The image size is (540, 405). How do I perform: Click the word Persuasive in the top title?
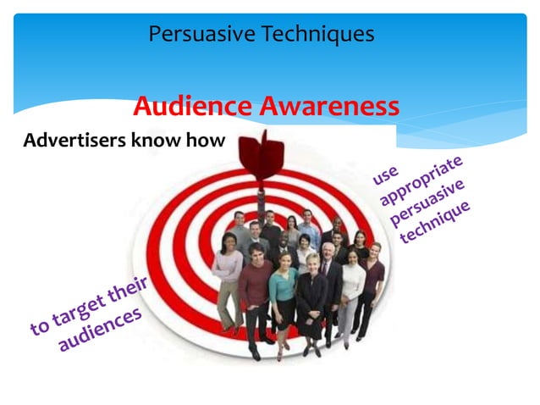click(x=201, y=35)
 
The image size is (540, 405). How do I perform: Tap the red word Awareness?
click(x=329, y=108)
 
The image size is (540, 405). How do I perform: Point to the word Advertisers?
click(x=74, y=141)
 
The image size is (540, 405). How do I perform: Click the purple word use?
click(x=385, y=175)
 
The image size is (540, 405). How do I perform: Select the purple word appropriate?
click(x=422, y=180)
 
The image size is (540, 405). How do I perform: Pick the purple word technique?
click(x=435, y=223)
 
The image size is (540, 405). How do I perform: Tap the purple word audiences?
click(x=99, y=330)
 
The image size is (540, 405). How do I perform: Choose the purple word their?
click(x=128, y=291)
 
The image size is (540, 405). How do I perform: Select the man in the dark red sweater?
click(x=255, y=292)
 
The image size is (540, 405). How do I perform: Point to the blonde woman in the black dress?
click(x=311, y=297)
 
